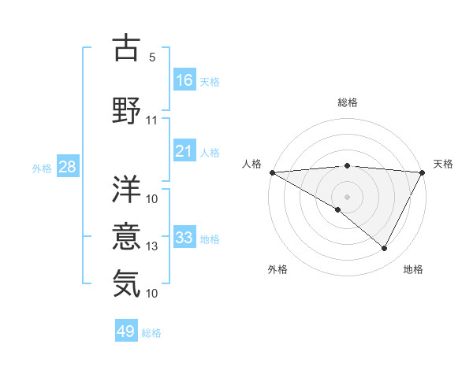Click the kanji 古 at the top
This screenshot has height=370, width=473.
[x=127, y=49]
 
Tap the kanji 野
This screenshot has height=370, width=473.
[x=127, y=111]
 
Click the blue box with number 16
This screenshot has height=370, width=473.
[x=184, y=80]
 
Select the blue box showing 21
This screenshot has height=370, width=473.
[x=184, y=151]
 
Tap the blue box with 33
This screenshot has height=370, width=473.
[x=184, y=238]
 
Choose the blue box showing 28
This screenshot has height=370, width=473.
[x=67, y=166]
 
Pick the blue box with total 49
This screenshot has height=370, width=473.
[x=126, y=331]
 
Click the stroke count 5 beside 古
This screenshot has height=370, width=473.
[x=152, y=57]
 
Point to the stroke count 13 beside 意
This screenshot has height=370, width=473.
[x=152, y=246]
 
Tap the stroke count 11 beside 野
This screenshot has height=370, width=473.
[x=152, y=120]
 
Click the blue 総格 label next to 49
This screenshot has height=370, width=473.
[x=152, y=333]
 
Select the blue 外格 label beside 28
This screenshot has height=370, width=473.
[x=42, y=168]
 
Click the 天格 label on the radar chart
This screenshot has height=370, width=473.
[x=443, y=164]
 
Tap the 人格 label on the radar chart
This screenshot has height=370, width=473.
[x=251, y=164]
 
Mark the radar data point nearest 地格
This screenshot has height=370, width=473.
[x=385, y=249]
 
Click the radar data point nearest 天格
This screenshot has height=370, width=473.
[x=423, y=172]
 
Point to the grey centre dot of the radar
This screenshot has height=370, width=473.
[x=347, y=196]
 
